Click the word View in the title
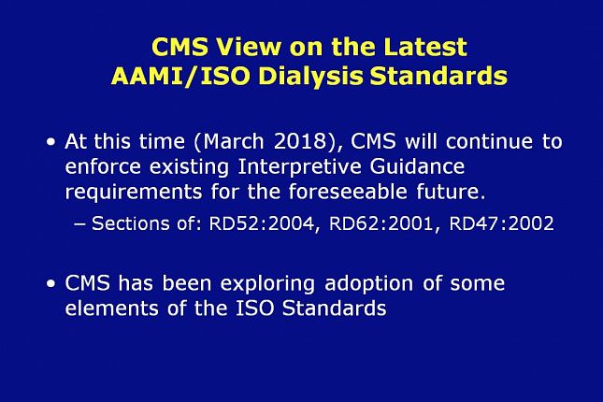click(248, 47)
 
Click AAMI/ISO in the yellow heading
click(180, 76)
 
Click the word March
click(234, 141)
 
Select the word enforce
click(103, 166)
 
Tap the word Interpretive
click(300, 167)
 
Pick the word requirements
click(134, 193)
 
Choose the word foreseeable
click(348, 192)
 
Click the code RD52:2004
click(262, 223)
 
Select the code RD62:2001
click(381, 223)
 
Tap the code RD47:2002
click(501, 223)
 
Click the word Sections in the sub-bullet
click(130, 223)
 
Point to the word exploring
click(267, 284)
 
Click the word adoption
click(368, 284)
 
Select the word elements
click(111, 309)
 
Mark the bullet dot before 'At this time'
click(50, 142)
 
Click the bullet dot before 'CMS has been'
click(50, 284)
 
